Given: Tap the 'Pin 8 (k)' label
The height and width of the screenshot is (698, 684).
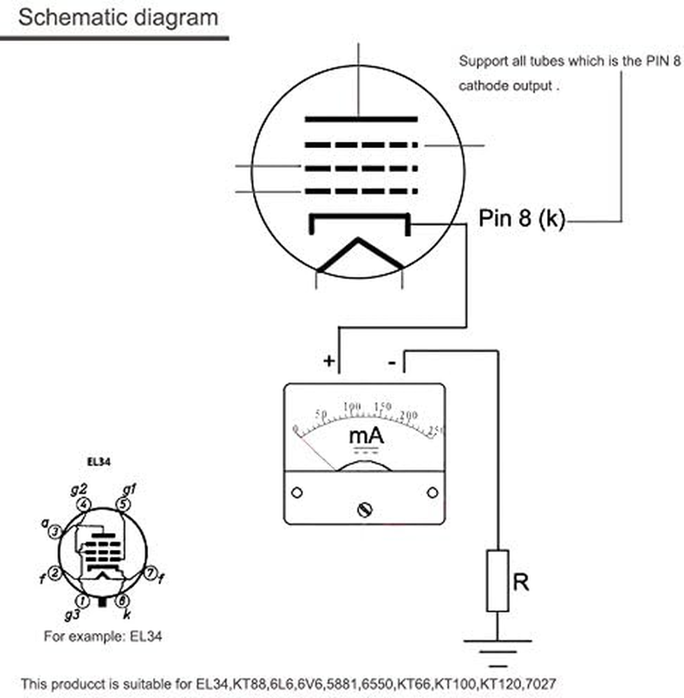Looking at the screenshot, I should click(522, 219).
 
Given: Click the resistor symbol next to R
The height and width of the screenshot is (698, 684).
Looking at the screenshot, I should click(498, 581).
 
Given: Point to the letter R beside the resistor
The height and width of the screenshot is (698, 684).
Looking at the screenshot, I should click(520, 583).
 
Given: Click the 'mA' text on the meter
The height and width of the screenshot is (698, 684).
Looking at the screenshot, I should click(366, 436).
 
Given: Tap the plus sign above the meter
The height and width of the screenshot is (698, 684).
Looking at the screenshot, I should click(329, 361).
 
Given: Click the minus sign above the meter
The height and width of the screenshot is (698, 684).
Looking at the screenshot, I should click(392, 363).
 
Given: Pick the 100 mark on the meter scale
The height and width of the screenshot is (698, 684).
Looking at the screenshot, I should click(351, 405).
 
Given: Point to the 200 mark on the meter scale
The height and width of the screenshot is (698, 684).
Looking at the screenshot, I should click(410, 415).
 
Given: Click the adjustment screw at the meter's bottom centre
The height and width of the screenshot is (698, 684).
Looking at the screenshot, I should click(366, 510).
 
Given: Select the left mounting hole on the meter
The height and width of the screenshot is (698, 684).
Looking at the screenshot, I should click(297, 493).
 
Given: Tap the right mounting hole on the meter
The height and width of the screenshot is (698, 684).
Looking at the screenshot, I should click(433, 493).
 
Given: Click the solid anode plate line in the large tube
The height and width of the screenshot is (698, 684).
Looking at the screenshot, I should click(361, 118).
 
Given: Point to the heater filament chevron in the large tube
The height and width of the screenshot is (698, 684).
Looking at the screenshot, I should click(360, 254).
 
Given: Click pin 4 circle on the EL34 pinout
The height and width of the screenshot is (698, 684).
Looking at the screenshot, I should click(84, 505).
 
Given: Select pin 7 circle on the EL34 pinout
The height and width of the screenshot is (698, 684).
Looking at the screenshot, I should click(149, 571).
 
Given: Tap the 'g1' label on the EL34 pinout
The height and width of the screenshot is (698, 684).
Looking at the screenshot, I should click(130, 489).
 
